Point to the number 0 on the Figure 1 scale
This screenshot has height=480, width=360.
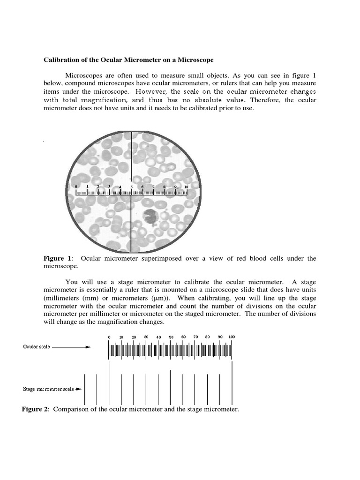click(x=76, y=187)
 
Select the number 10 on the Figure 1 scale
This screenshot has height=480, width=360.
click(x=186, y=187)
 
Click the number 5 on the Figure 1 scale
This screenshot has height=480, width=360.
click(x=131, y=187)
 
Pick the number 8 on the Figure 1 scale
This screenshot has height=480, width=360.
click(x=164, y=187)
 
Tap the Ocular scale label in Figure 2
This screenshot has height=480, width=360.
click(x=37, y=347)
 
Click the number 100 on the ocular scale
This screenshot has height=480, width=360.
click(x=232, y=337)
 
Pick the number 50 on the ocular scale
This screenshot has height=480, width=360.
click(x=171, y=337)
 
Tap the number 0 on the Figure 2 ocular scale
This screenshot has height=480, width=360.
click(x=109, y=337)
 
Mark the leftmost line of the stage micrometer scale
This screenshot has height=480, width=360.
click(x=84, y=390)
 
